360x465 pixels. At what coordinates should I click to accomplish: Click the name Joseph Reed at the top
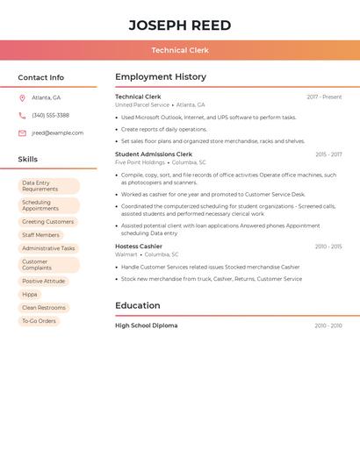(x=180, y=25)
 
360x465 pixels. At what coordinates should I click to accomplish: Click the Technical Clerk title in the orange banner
(x=180, y=51)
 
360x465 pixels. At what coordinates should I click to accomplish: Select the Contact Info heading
(x=41, y=77)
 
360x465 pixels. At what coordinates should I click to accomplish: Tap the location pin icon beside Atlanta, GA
(x=22, y=98)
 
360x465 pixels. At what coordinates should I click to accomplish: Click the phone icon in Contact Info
(x=22, y=116)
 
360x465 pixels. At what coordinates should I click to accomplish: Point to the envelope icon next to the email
(x=22, y=133)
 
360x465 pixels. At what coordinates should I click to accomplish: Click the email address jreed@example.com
(x=57, y=133)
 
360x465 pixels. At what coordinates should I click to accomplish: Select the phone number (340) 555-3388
(x=50, y=116)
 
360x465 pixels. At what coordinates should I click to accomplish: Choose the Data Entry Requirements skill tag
(x=48, y=186)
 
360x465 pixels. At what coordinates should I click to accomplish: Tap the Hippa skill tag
(x=30, y=295)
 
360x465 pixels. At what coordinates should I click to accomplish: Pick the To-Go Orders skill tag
(x=39, y=321)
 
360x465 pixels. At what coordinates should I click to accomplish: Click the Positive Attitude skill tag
(x=43, y=282)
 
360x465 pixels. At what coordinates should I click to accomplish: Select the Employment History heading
(x=161, y=77)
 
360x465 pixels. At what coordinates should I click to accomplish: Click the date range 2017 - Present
(x=324, y=97)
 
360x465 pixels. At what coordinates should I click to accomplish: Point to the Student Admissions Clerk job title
(x=154, y=154)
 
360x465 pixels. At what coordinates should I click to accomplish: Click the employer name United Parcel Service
(x=142, y=104)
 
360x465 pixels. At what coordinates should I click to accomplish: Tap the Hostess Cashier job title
(x=139, y=247)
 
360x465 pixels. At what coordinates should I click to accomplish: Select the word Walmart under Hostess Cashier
(x=126, y=254)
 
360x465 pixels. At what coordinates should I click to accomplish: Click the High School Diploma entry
(x=146, y=325)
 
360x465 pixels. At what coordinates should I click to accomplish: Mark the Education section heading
(x=138, y=305)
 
